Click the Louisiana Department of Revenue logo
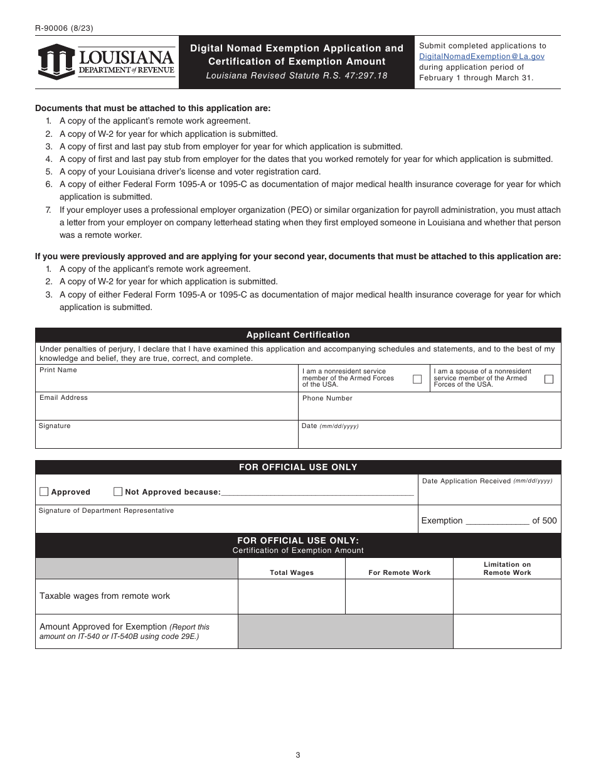tap(106, 62)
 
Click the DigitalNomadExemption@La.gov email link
tap(481, 56)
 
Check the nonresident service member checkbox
tap(417, 379)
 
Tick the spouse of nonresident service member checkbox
tap(549, 379)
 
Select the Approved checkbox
tap(44, 491)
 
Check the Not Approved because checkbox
tap(118, 491)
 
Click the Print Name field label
tap(58, 370)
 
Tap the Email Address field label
tap(63, 398)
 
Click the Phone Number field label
tap(327, 399)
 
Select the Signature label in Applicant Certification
tap(55, 426)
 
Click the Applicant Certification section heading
tap(298, 335)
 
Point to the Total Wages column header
tap(292, 572)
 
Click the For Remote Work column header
tap(400, 572)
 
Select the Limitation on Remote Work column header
tap(507, 569)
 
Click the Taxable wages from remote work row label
tap(105, 596)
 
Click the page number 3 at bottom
tap(298, 755)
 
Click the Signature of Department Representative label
tap(106, 511)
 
